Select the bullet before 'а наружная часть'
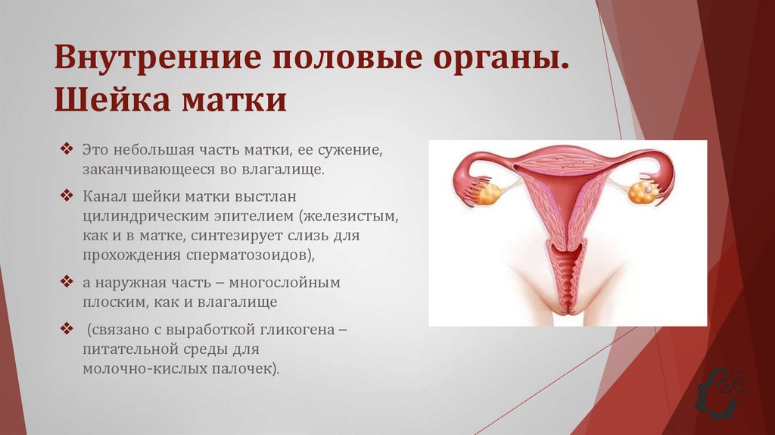[67, 282]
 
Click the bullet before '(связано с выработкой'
[67, 331]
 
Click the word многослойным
[294, 283]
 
